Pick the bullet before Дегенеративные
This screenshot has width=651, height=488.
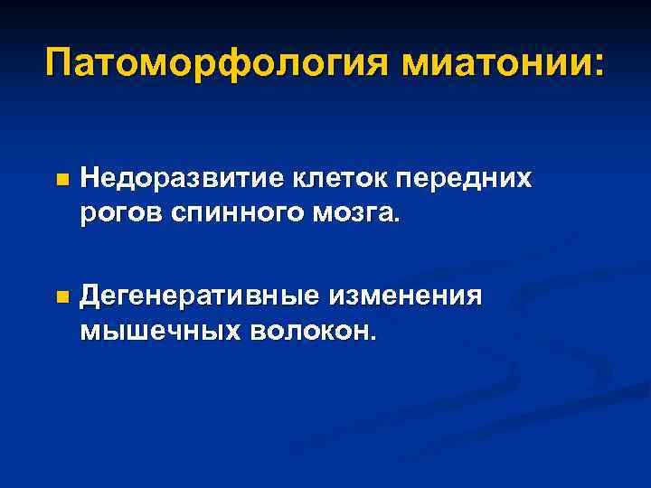click(x=61, y=296)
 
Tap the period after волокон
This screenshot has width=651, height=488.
click(x=369, y=339)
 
